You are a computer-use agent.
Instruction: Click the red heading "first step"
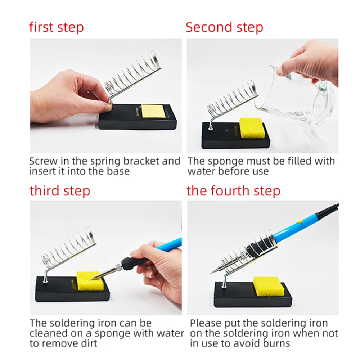click(x=57, y=27)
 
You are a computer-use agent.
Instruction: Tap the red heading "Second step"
click(x=224, y=27)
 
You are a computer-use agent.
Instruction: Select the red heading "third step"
click(x=60, y=191)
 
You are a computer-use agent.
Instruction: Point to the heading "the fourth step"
click(x=233, y=191)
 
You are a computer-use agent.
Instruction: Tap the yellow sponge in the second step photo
click(x=251, y=128)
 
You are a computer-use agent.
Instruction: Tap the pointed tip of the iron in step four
click(x=211, y=273)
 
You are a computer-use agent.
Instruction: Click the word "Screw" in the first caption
click(x=43, y=161)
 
